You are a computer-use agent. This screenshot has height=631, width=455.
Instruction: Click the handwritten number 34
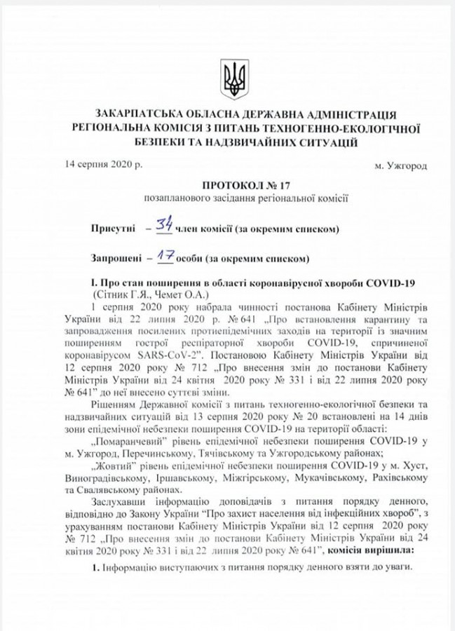163,225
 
